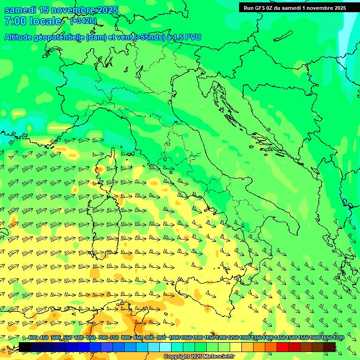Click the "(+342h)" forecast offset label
coord(83,21)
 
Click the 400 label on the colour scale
coord(32,338)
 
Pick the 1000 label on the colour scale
coord(174,338)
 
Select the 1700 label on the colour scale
coord(338,338)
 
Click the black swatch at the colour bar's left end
coord(25,347)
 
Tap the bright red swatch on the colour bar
coord(283,347)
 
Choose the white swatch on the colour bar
coord(165,347)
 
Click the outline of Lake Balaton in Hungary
coord(284,36)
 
